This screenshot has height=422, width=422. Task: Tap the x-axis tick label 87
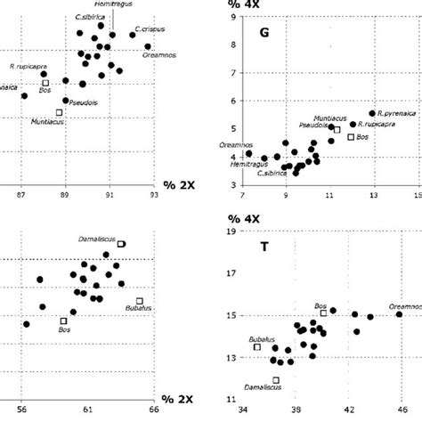pos(23,190)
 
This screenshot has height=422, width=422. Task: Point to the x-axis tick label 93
pos(153,190)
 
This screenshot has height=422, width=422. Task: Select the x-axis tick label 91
pos(110,190)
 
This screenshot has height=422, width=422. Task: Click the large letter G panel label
pos(264,33)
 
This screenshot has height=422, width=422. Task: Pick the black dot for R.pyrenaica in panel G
pos(372,114)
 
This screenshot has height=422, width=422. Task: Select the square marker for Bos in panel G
pos(351,136)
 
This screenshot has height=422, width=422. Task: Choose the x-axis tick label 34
pos(243,411)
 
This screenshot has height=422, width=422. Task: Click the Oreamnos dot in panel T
pos(399,314)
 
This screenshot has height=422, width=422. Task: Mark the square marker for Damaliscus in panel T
pos(276,380)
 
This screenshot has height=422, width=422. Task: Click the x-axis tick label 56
pos(23,411)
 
